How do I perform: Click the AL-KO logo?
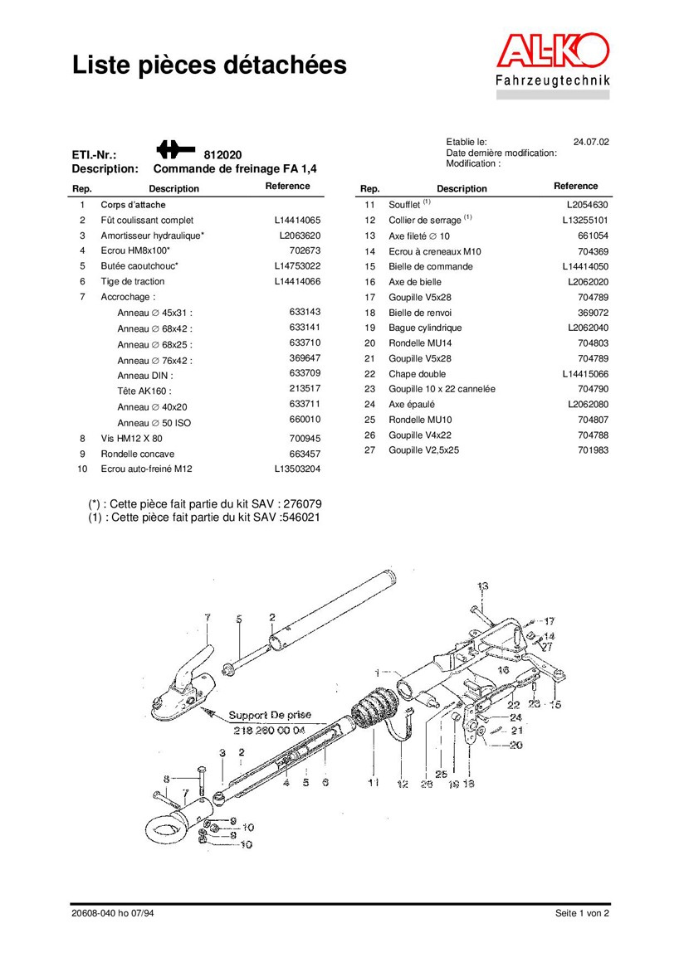[x=553, y=52]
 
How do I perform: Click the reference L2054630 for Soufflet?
[x=588, y=205]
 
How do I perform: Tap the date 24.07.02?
[x=591, y=142]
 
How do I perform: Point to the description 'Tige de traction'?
[x=133, y=282]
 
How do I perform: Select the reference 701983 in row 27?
[x=593, y=450]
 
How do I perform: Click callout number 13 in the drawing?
[x=483, y=586]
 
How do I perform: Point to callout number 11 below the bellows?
[x=374, y=782]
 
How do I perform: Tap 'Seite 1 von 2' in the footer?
[x=582, y=913]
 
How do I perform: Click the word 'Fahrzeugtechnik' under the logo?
[x=553, y=80]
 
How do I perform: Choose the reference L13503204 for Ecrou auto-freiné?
[x=297, y=469]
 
